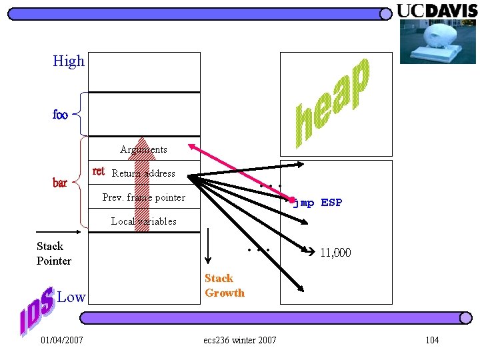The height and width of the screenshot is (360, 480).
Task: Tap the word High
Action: (x=69, y=61)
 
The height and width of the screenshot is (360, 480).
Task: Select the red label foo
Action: (x=60, y=115)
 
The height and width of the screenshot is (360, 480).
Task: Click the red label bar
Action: (x=60, y=183)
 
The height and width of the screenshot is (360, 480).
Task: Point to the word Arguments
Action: (x=143, y=149)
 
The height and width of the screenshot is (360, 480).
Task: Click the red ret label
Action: (x=98, y=171)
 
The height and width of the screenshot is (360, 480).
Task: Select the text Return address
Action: (x=143, y=173)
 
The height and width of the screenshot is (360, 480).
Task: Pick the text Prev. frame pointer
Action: (x=143, y=197)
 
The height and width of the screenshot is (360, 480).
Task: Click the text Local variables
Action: (x=143, y=221)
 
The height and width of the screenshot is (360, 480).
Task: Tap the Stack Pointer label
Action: (x=53, y=253)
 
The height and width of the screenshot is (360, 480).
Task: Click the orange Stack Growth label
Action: (x=224, y=285)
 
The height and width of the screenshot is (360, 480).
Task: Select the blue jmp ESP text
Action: (x=317, y=203)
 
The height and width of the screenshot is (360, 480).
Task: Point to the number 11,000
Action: (x=335, y=253)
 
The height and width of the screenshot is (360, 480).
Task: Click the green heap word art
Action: (x=331, y=103)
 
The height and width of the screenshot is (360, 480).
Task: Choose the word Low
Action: (x=71, y=297)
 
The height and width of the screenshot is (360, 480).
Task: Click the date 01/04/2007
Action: (x=61, y=341)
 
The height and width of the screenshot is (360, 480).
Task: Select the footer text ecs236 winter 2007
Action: (x=239, y=341)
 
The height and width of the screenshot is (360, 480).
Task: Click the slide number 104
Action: (x=432, y=341)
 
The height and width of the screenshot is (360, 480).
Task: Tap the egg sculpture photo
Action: (x=438, y=41)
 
